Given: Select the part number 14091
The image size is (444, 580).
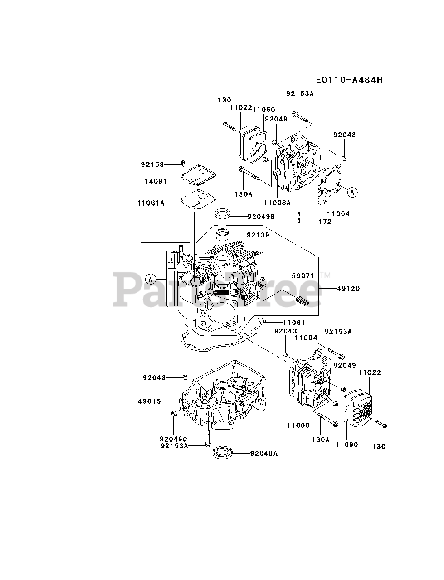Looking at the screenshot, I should coord(156,181).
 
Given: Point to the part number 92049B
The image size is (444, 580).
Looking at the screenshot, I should coord(261,217).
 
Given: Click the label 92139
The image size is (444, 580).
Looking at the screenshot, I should coord(258,235).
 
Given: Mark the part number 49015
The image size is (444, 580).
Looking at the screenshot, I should coord(150,401).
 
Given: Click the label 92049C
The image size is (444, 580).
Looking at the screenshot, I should coord(173,439).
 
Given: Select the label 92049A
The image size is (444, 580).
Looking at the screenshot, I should coord(263,453).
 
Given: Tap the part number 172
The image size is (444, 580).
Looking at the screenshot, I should coord(325,222).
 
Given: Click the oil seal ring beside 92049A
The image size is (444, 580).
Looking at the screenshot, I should coord(223,451).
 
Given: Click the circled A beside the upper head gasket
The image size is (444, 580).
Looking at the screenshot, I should coord(353,193).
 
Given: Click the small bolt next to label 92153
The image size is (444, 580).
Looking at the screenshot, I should coord(183,164).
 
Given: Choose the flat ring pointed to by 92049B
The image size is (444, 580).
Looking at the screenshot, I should coord(224,213).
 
